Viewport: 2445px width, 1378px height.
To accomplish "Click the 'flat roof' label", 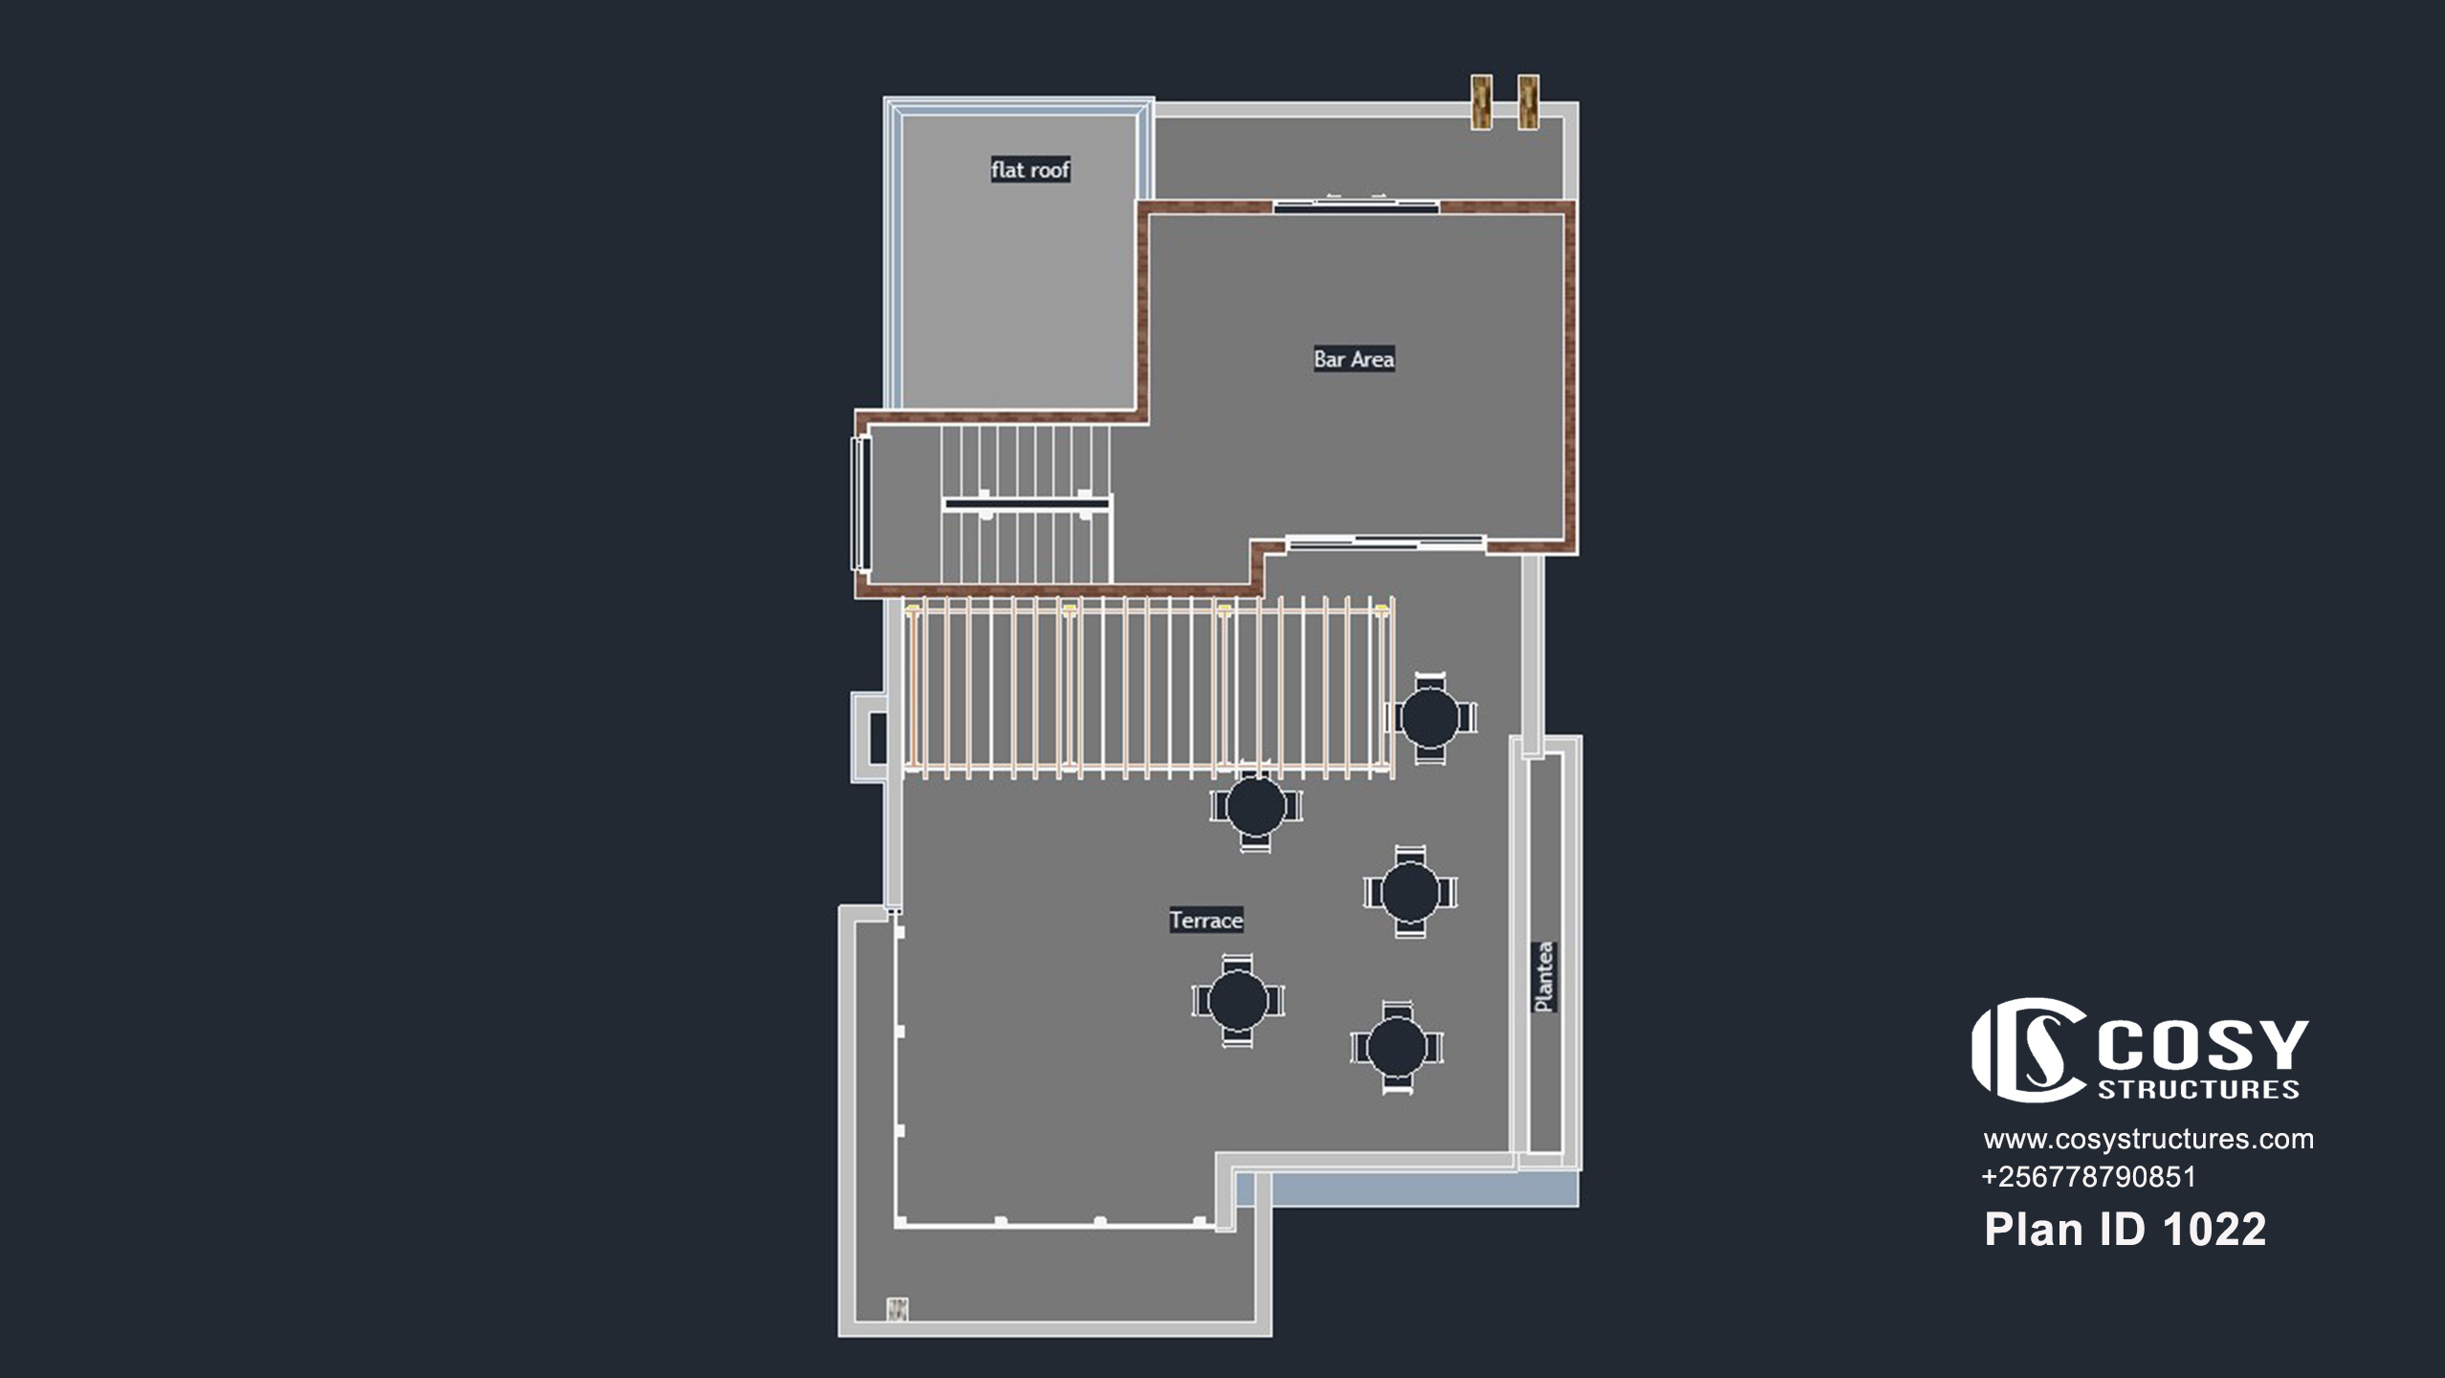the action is (x=1030, y=170).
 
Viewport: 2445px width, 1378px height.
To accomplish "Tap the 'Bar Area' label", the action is (x=1354, y=359).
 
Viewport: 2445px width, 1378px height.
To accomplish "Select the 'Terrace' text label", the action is (x=1206, y=921).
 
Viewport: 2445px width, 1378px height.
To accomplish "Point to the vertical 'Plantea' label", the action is (x=1544, y=977).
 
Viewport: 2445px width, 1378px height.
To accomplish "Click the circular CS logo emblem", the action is (x=2029, y=1050).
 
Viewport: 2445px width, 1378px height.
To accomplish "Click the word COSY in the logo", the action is (x=2203, y=1045).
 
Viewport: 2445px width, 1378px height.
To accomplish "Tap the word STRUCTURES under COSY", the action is (x=2198, y=1090).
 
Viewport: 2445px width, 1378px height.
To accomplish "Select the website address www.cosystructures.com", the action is (x=2148, y=1140).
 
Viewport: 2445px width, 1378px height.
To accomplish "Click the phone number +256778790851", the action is (x=2088, y=1177).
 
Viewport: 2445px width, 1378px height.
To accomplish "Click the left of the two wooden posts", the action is (x=1481, y=100).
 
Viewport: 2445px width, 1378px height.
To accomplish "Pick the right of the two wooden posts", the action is (x=1529, y=100).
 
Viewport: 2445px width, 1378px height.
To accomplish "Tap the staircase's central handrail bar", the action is (x=1025, y=503).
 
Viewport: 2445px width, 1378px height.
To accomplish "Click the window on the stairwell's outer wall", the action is (x=860, y=503).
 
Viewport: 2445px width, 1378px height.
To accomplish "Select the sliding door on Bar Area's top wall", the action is (x=1356, y=204).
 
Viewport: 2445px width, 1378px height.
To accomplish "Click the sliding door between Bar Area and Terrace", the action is (x=1385, y=543).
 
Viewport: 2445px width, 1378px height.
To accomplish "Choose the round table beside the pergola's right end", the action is (x=1430, y=718).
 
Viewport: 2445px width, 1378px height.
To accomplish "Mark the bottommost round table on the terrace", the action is (x=1397, y=1048).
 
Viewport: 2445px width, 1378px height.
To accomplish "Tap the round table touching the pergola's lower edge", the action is (x=1256, y=806).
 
